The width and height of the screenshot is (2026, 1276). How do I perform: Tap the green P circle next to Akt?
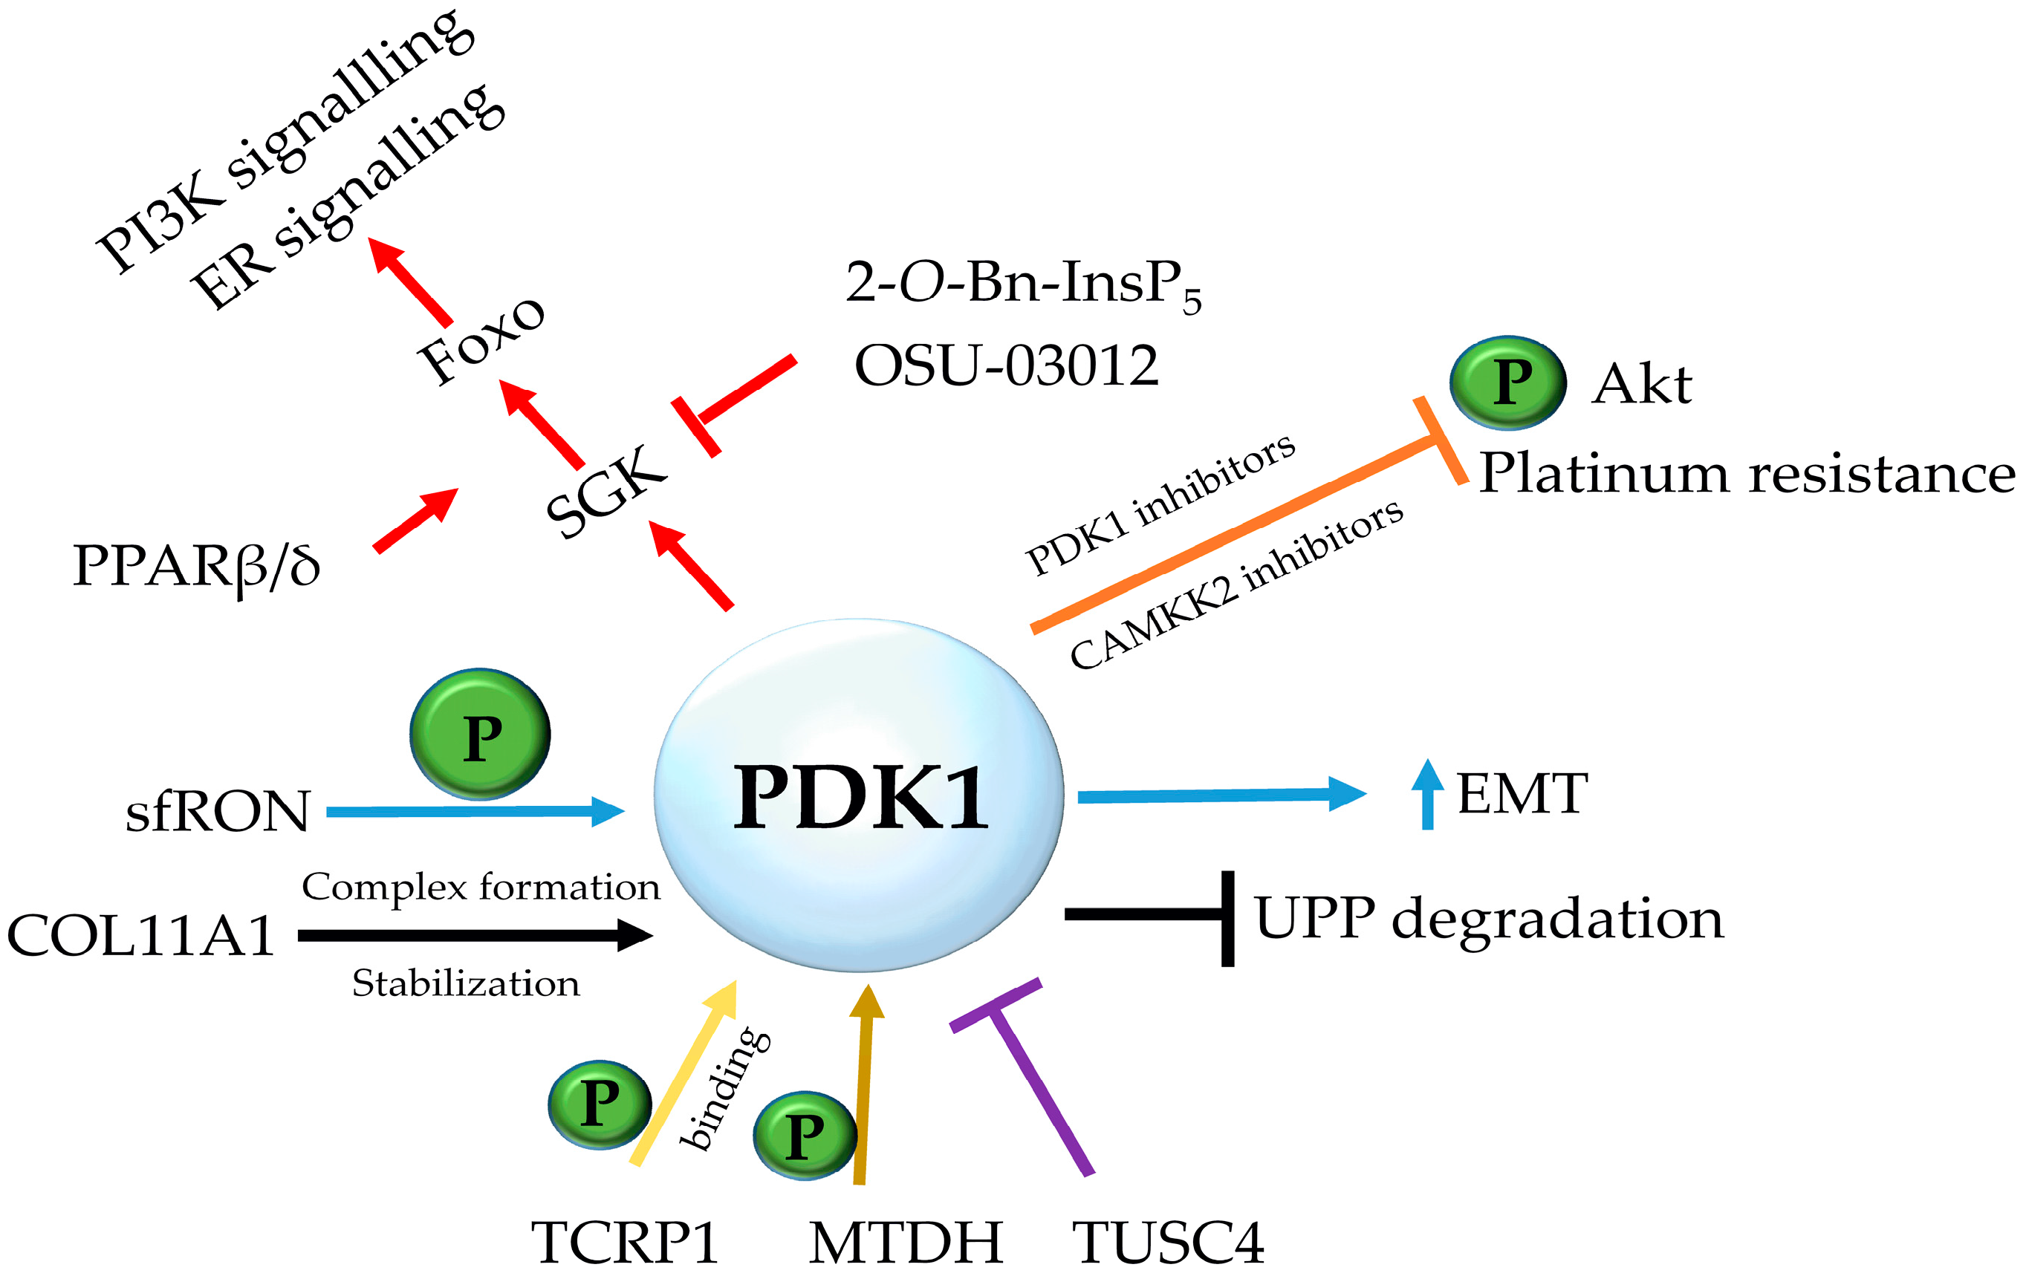(x=1507, y=383)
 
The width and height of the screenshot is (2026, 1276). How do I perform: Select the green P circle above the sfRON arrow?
(x=480, y=735)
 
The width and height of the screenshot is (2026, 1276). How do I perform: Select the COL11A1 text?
(x=140, y=935)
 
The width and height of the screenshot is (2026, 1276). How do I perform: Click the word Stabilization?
(x=465, y=983)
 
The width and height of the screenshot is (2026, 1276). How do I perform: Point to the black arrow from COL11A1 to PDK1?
(x=471, y=934)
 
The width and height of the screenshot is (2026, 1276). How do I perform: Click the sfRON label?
(x=218, y=812)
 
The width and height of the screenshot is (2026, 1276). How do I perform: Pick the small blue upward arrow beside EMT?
(x=1427, y=795)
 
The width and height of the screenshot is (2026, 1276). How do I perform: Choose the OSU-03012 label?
(x=1006, y=366)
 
